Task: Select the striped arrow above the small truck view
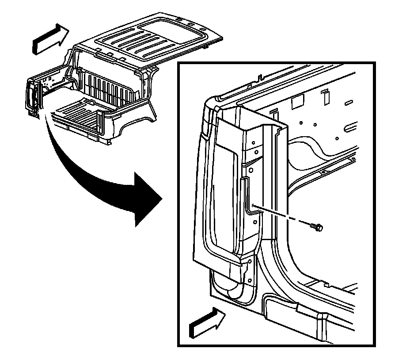(x=50, y=38)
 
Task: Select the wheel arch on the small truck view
(x=135, y=124)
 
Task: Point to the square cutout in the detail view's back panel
(x=296, y=103)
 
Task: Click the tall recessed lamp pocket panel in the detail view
(x=221, y=186)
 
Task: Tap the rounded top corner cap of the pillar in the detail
(x=211, y=106)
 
